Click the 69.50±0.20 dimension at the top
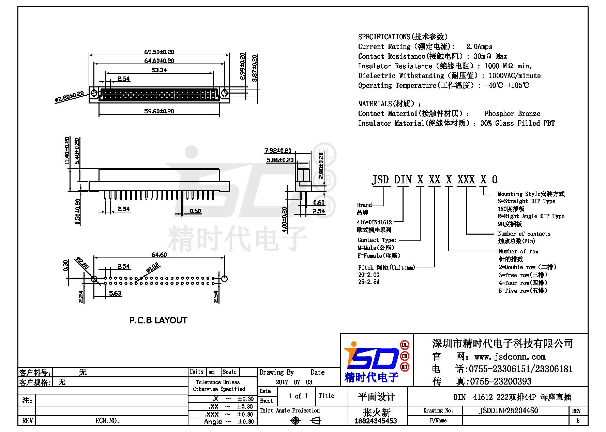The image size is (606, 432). tap(159, 52)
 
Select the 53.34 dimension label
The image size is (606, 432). tap(159, 70)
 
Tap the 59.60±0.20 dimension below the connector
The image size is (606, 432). tap(159, 111)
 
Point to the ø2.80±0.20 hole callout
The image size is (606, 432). tap(69, 97)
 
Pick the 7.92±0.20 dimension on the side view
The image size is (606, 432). tap(278, 151)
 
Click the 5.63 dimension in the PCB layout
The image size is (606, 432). tap(115, 293)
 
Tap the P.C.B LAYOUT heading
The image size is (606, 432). tap(158, 320)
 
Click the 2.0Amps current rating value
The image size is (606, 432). tap(479, 47)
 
